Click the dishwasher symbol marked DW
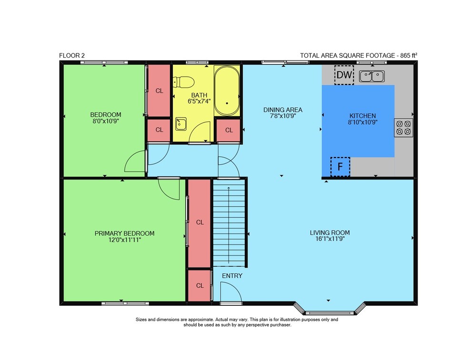(x=344, y=75)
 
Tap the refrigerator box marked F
(x=340, y=167)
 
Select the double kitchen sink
(x=372, y=76)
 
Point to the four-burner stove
(x=404, y=128)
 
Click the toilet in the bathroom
(x=183, y=82)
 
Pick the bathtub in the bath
(x=227, y=90)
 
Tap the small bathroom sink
(x=180, y=124)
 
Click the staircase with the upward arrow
(x=229, y=223)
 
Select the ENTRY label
(x=232, y=276)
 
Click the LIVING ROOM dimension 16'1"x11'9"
(x=330, y=239)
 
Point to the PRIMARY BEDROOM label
(x=124, y=233)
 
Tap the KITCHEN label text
(x=362, y=116)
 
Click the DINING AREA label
(x=283, y=110)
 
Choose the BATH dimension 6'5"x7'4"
(x=199, y=101)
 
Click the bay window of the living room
(x=330, y=309)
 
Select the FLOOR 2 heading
(x=72, y=55)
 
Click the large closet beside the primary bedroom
(x=199, y=223)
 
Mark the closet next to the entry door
(x=199, y=286)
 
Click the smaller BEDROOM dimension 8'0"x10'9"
(x=106, y=121)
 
